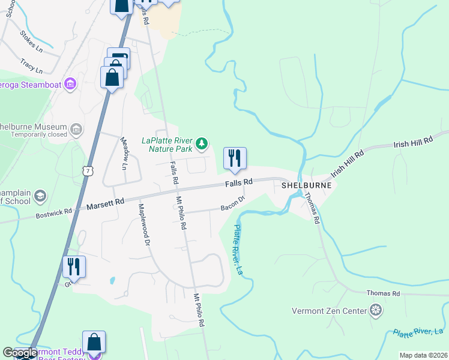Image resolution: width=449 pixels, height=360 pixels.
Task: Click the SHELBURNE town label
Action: (x=307, y=186)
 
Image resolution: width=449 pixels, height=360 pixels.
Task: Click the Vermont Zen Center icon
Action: (x=376, y=310)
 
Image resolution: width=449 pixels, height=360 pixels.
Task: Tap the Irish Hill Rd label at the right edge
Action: (x=413, y=142)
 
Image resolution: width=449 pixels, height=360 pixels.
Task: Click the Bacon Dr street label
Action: (x=233, y=203)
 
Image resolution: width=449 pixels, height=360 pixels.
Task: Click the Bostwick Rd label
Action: (x=53, y=212)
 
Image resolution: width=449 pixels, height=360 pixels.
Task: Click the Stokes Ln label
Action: (x=31, y=41)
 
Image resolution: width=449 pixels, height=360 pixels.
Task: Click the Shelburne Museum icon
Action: (x=76, y=129)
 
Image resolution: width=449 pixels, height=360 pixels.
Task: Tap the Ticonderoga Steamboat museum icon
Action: (x=71, y=83)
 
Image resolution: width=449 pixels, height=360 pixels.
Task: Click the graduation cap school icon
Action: (x=40, y=196)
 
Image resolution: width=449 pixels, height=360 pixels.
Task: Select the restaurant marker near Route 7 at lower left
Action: (x=74, y=266)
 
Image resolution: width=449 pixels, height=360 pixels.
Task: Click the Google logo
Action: (x=20, y=353)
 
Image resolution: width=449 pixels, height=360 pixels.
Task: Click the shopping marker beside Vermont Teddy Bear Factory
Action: (x=94, y=343)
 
